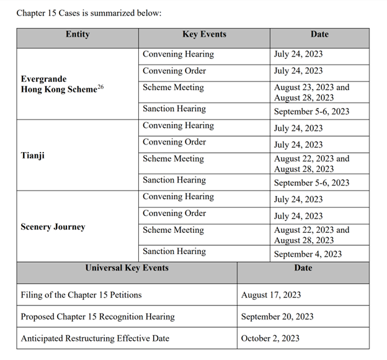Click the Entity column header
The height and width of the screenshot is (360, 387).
[78, 35]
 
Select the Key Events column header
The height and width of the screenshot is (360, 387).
[204, 35]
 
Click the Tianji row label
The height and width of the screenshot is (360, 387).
[33, 155]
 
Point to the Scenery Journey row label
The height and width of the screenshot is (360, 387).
[53, 227]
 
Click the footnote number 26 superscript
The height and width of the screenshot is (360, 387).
[100, 87]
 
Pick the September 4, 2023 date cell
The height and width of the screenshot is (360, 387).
[308, 253]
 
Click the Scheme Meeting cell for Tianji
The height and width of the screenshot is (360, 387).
[173, 159]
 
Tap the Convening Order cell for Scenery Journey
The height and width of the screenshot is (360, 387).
[174, 214]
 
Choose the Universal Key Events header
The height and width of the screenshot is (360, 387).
[127, 268]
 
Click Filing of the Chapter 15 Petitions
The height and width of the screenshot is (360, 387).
[81, 295]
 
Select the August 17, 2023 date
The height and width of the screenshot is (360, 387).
[270, 295]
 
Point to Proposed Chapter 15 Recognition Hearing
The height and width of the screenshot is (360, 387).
[98, 317]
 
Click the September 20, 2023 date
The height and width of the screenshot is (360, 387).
[277, 317]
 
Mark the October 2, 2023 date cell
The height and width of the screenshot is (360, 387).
[270, 338]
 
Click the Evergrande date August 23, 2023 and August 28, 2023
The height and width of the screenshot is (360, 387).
[311, 92]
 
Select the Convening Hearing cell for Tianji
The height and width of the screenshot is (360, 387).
[178, 125]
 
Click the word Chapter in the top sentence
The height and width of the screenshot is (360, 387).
[33, 13]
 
